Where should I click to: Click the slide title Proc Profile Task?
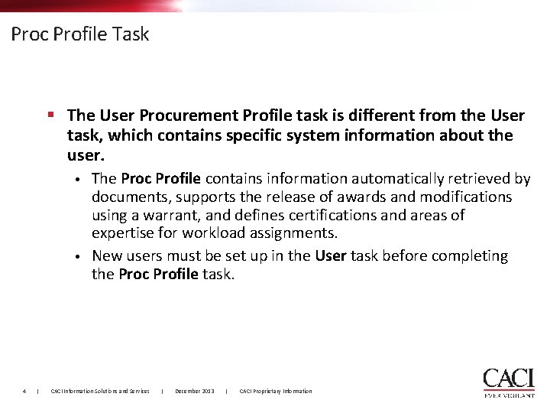pyautogui.click(x=80, y=34)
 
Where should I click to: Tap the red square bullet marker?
pyautogui.click(x=50, y=115)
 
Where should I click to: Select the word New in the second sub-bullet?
pyautogui.click(x=105, y=256)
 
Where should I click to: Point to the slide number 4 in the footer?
pyautogui.click(x=24, y=392)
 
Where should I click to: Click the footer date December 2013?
pyautogui.click(x=194, y=392)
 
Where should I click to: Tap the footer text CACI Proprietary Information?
pyautogui.click(x=276, y=392)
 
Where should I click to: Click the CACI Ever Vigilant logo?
pyautogui.click(x=508, y=383)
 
